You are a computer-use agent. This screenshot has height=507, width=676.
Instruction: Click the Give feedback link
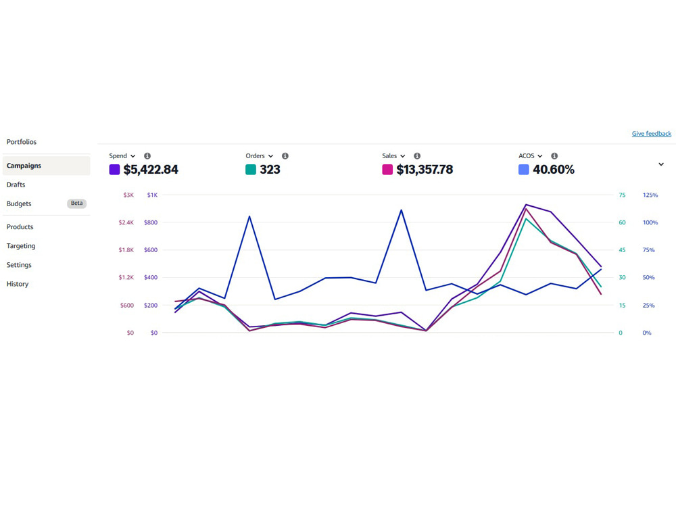pos(651,134)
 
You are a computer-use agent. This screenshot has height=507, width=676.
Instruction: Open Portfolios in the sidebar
pos(22,142)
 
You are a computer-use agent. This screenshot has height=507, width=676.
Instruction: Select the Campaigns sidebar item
pos(24,166)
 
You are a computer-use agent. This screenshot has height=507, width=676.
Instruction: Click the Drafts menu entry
pos(16,185)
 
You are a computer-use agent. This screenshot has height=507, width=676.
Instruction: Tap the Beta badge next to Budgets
pos(77,203)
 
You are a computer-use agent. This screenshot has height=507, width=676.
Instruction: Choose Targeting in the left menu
pos(21,246)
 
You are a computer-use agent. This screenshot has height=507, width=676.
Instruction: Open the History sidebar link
pos(18,284)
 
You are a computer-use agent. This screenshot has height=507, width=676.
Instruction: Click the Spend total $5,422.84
pos(151,170)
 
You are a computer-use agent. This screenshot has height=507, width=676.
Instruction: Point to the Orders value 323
pos(270,170)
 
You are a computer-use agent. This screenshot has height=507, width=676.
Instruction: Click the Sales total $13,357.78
pos(425,170)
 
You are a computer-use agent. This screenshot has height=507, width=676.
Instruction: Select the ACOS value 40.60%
pos(554,170)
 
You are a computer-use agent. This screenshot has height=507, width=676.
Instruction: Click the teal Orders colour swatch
pos(251,170)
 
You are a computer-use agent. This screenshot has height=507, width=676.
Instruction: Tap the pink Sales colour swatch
pos(387,170)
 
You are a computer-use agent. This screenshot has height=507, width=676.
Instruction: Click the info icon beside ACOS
pos(554,155)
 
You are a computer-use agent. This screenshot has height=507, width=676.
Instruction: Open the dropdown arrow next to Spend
pos(132,156)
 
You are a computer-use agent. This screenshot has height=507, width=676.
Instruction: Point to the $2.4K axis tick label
pos(126,222)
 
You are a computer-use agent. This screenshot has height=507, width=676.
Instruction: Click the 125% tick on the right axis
pos(650,195)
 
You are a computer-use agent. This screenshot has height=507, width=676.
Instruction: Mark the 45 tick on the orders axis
pos(622,250)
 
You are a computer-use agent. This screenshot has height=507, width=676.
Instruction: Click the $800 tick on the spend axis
pos(151,222)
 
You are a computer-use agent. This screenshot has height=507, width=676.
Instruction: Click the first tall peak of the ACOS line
pos(249,216)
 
